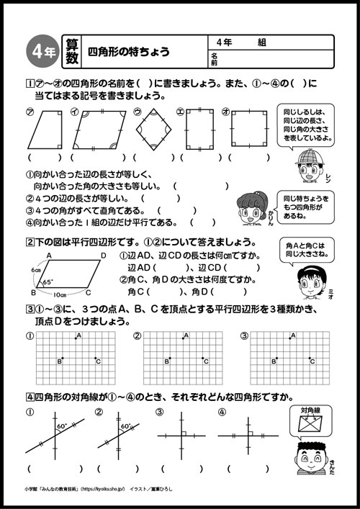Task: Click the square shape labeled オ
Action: point(250,130)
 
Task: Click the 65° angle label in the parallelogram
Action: point(48,282)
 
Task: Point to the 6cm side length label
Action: point(28,271)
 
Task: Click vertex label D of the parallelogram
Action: point(104,256)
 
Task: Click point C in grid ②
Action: point(204,359)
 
